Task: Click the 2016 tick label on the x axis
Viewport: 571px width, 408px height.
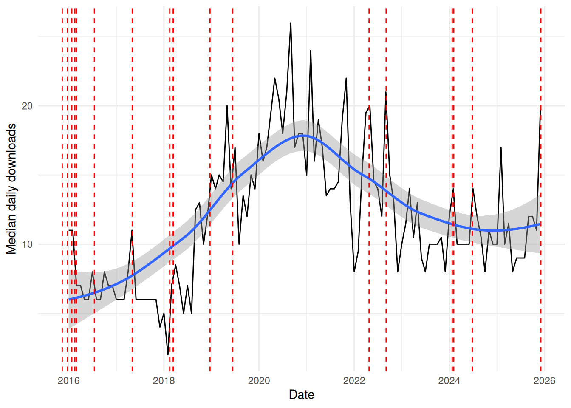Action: [68, 381]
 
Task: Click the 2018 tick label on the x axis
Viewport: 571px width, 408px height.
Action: [164, 381]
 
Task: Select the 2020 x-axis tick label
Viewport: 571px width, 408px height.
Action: [259, 381]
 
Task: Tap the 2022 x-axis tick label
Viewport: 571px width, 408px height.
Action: [354, 381]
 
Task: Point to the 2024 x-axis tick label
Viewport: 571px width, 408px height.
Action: [449, 381]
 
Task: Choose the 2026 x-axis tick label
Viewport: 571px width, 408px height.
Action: [544, 381]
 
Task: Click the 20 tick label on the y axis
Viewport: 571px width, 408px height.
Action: [27, 106]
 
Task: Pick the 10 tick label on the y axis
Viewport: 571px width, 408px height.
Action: [27, 244]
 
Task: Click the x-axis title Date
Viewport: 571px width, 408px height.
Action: [302, 395]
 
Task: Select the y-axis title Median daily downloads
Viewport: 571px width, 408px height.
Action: [11, 189]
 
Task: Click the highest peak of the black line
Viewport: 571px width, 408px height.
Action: [291, 23]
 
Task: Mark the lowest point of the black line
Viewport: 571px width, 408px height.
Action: [168, 354]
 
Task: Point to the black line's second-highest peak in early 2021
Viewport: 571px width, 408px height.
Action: [311, 51]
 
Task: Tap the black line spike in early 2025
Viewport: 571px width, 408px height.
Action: [501, 147]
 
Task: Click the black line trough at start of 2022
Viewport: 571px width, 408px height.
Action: [354, 272]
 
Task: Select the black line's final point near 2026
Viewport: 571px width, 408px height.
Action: [540, 106]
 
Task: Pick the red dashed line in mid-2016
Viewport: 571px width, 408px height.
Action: [94, 191]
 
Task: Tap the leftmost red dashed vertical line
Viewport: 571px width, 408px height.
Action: [62, 191]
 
